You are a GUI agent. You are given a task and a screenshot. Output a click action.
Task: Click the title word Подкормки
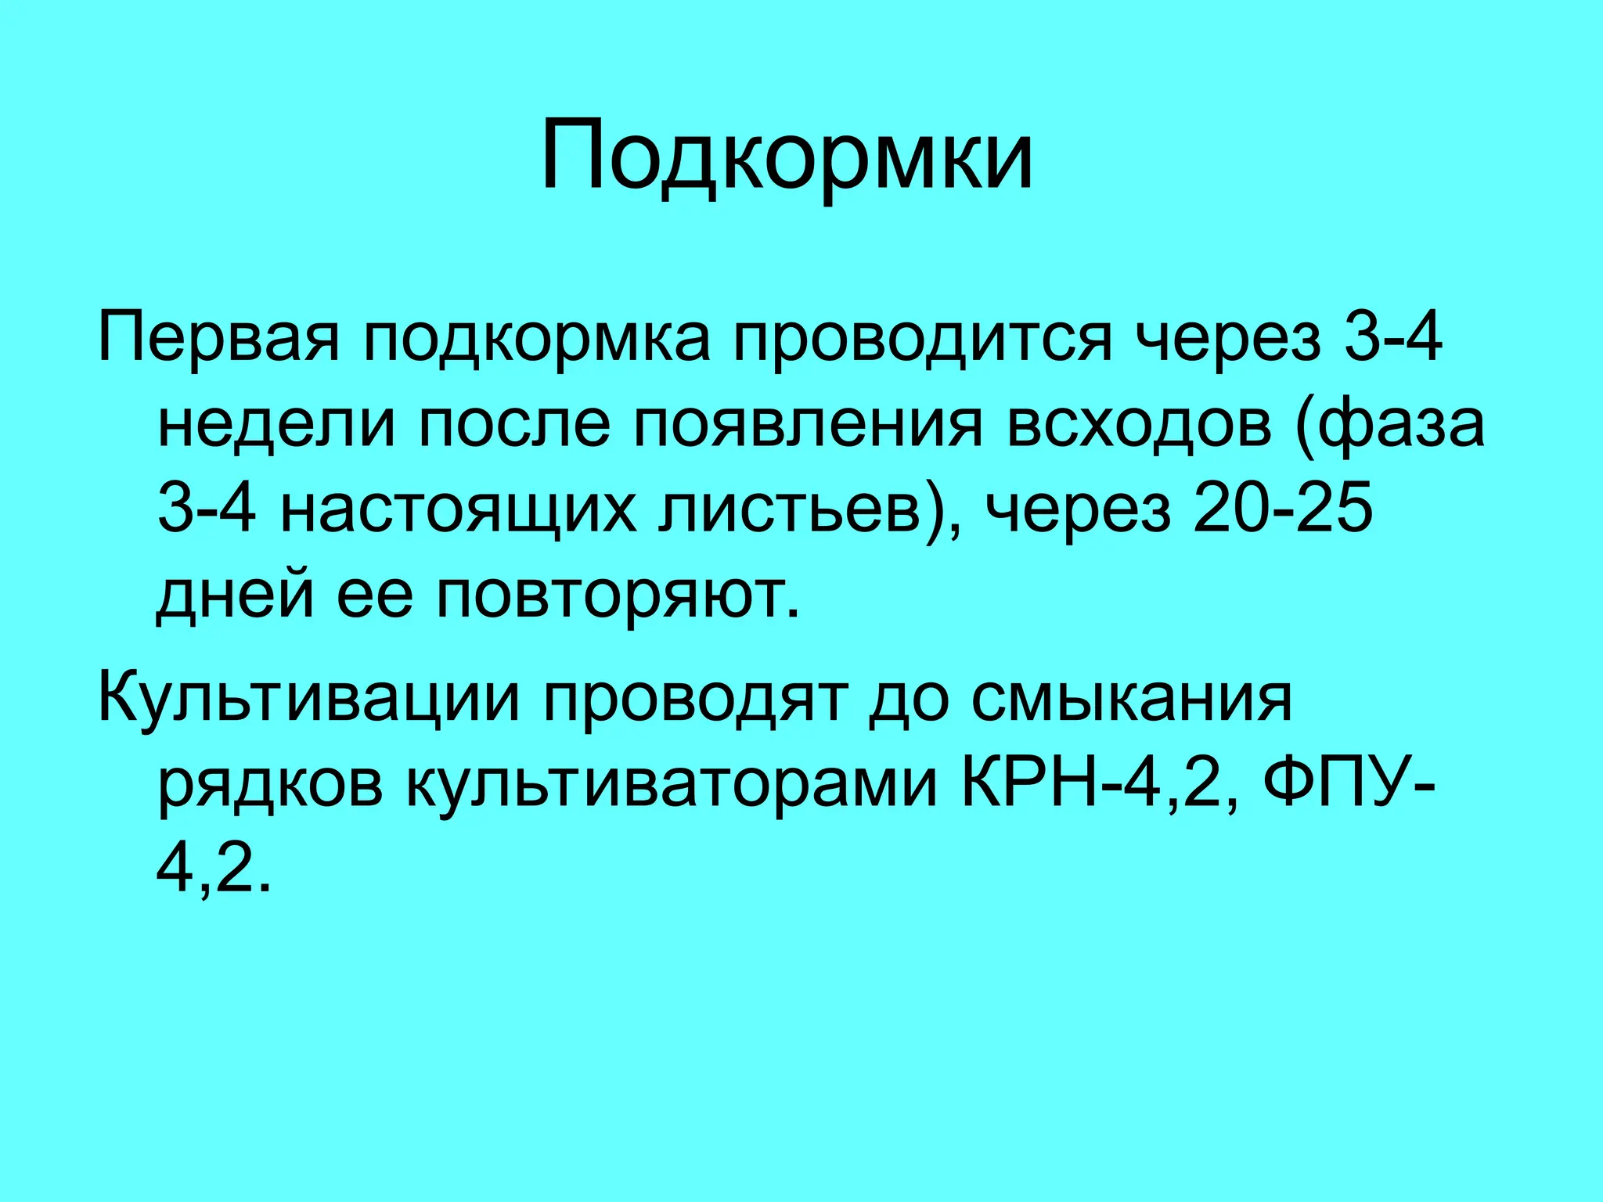787,157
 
